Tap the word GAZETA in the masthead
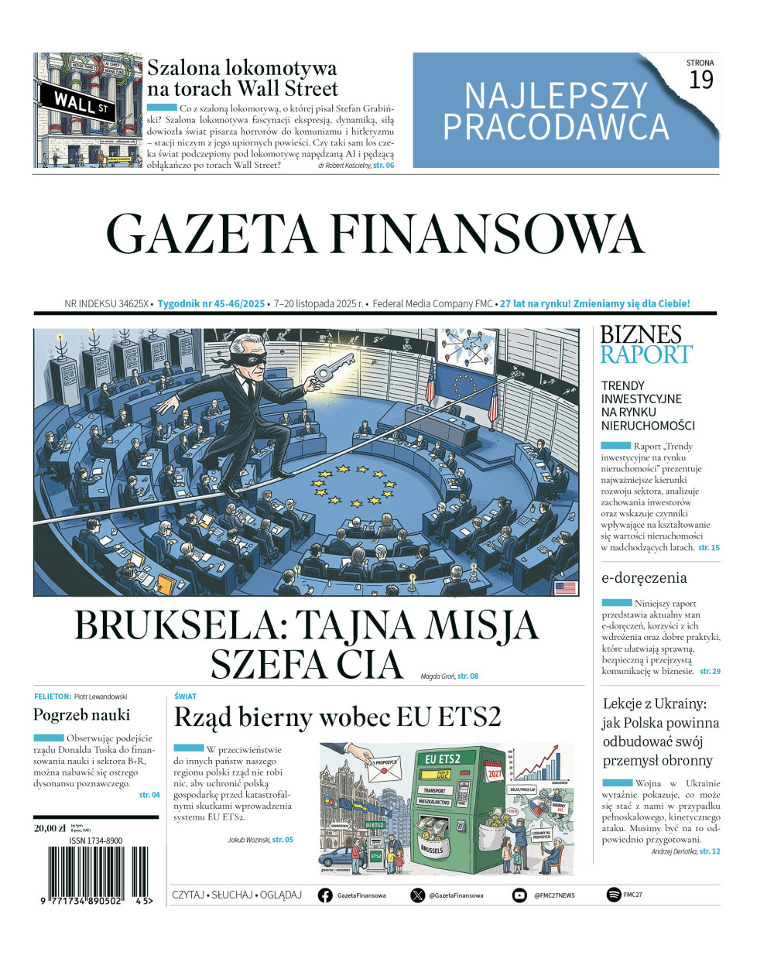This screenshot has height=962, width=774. [211, 234]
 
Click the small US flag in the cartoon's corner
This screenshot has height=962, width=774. [565, 587]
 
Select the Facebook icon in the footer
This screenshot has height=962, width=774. [326, 895]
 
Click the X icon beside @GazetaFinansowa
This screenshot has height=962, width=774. [418, 895]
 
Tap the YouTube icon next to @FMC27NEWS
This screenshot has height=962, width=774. [519, 895]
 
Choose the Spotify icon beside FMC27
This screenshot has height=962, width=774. [614, 895]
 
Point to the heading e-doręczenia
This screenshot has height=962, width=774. [644, 577]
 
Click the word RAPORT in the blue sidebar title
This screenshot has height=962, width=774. [646, 354]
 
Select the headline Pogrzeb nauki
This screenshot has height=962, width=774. [82, 714]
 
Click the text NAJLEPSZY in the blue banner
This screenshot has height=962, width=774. [556, 96]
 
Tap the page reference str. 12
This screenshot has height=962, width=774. [710, 851]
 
